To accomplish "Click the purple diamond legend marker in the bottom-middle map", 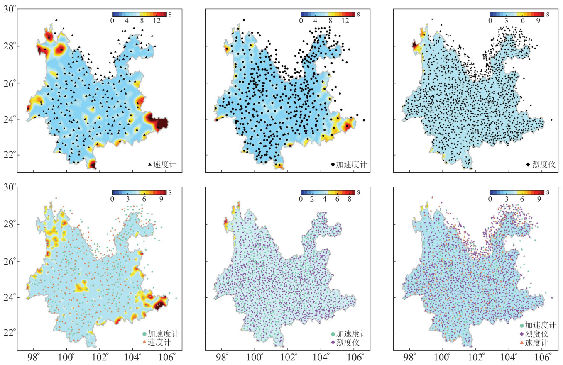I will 333,342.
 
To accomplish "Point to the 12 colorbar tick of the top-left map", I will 157,21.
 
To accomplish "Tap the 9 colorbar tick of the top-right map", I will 539,21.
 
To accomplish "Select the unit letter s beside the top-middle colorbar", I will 358,14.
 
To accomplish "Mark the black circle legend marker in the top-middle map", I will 333,165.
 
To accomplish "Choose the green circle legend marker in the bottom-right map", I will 521,326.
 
